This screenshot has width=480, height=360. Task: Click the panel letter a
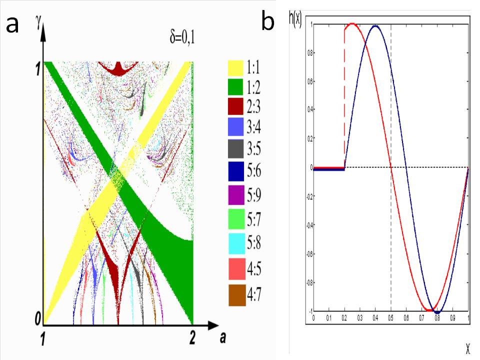12,23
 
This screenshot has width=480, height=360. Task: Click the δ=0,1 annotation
181,36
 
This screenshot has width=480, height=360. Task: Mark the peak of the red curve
352,24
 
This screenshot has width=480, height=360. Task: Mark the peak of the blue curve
375,25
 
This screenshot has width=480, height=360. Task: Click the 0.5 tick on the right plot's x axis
391,317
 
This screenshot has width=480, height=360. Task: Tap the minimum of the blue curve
438,311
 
